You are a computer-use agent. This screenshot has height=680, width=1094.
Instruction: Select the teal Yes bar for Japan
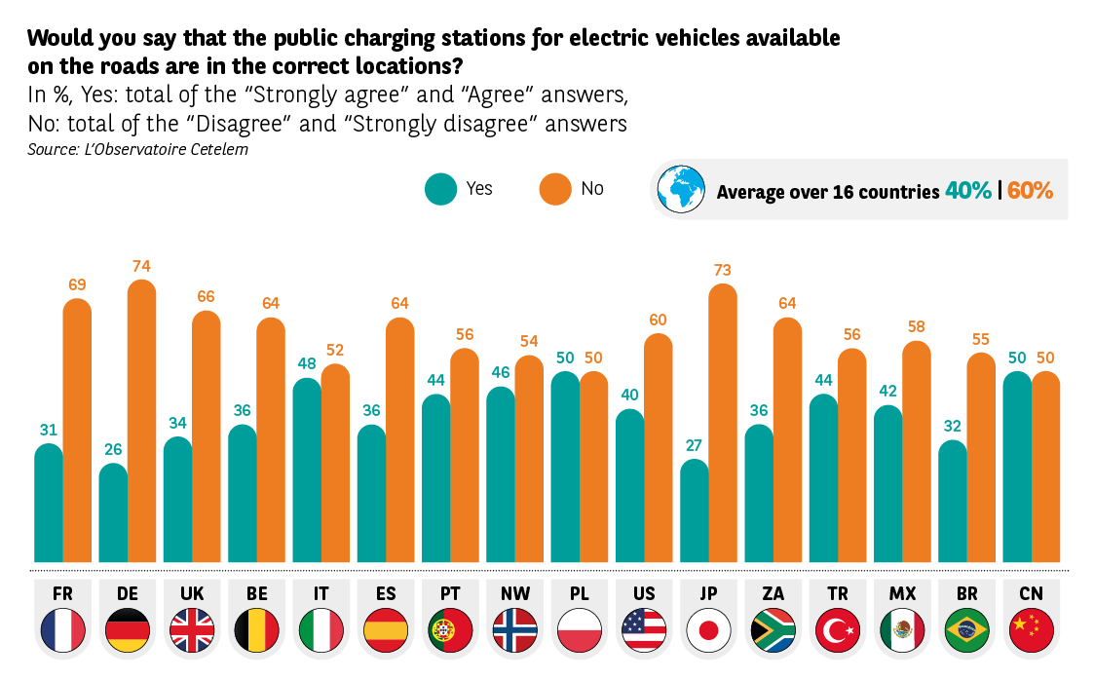pyautogui.click(x=695, y=510)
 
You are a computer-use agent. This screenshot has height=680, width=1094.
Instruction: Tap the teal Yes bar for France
pyautogui.click(x=49, y=503)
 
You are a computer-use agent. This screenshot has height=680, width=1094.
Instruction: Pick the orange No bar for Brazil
pyautogui.click(x=981, y=458)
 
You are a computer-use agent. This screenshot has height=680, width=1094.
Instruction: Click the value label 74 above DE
pyautogui.click(x=142, y=266)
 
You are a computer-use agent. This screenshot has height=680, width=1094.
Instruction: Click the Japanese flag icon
pyautogui.click(x=708, y=629)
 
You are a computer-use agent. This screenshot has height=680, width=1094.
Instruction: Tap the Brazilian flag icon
pyautogui.click(x=966, y=629)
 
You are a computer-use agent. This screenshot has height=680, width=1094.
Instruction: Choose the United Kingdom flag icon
pyautogui.click(x=192, y=629)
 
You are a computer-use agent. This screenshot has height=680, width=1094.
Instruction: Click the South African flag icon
pyautogui.click(x=773, y=629)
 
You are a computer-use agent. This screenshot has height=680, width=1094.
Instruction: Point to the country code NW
pyautogui.click(x=514, y=593)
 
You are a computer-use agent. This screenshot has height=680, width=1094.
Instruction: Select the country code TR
pyautogui.click(x=837, y=593)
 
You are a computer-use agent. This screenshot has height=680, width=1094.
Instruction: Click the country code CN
pyautogui.click(x=1031, y=593)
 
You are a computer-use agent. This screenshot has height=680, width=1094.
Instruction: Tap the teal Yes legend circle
pyautogui.click(x=441, y=189)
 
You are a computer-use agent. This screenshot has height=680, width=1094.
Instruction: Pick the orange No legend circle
pyautogui.click(x=555, y=189)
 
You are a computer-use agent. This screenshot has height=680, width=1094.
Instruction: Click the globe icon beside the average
pyautogui.click(x=681, y=190)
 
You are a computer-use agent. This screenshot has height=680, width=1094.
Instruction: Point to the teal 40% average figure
pyautogui.click(x=967, y=191)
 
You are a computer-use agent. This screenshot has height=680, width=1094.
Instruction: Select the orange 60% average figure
pyautogui.click(x=1031, y=191)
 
